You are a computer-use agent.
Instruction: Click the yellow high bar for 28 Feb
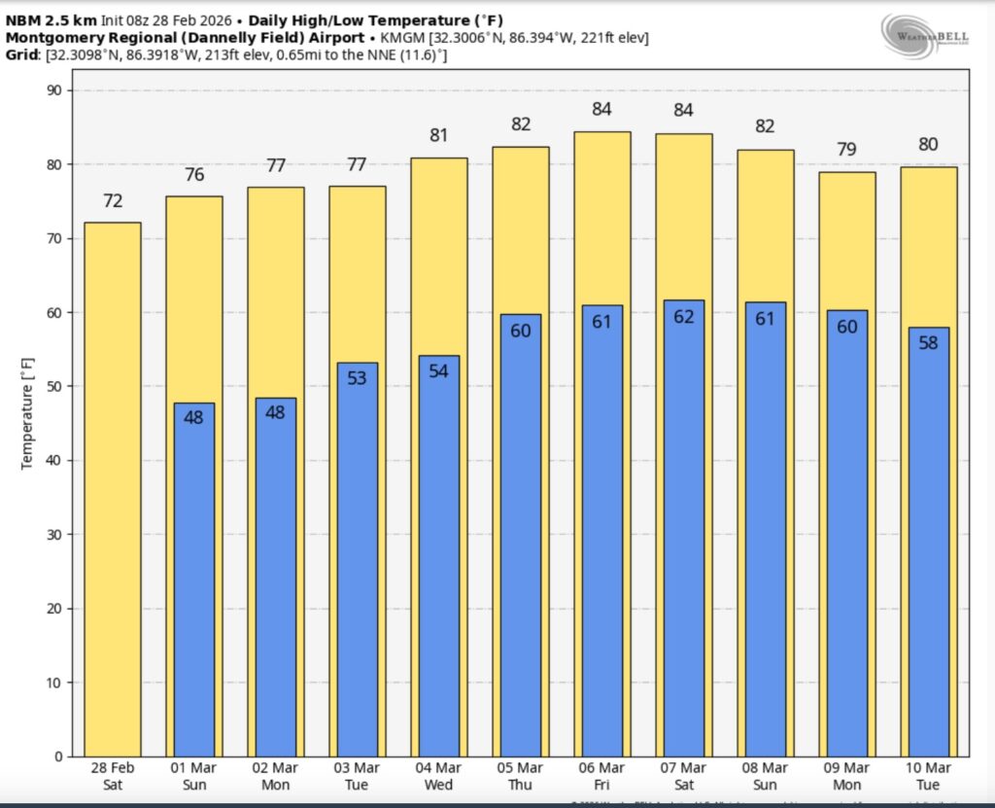pos(113,486)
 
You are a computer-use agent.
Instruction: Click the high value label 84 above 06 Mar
pos(601,110)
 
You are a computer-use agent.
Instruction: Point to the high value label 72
pos(113,201)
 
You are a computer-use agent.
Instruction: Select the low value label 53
pos(357,378)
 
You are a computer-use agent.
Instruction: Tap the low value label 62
pos(684,316)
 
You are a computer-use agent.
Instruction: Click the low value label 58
pos(929,343)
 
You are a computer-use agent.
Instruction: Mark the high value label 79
pos(847,150)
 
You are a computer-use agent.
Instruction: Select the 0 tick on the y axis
pos(57,756)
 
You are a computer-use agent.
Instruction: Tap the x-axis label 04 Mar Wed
pos(438,776)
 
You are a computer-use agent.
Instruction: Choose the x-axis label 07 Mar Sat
pos(683,776)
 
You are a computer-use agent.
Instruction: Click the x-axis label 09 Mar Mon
pos(847,776)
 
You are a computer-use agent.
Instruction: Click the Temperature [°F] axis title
pos(27,423)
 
